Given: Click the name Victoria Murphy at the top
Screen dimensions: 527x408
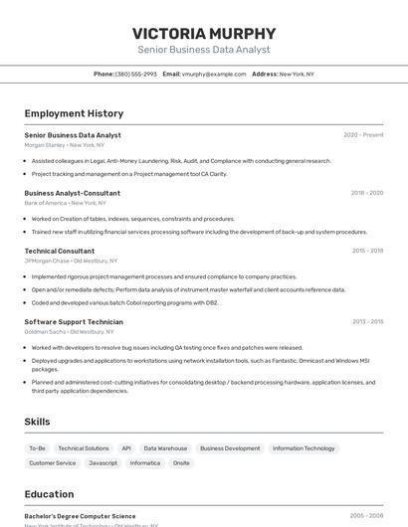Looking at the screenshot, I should pos(203,32).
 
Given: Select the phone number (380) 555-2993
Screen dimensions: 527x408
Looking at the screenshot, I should pos(135,74).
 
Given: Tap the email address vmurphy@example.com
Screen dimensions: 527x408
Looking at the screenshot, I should pos(214,74).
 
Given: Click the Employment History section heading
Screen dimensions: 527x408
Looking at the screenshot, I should pos(74,113).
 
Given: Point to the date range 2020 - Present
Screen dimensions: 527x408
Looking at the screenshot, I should pos(363,135).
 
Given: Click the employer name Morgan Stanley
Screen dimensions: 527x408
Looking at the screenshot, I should pos(45,145).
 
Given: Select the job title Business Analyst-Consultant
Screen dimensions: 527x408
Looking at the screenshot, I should pos(72,193).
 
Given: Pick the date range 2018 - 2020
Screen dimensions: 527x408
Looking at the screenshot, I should pos(366,193).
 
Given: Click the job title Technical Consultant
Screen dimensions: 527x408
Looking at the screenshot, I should pos(60,251).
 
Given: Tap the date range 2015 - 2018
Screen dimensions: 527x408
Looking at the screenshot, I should pos(366,251).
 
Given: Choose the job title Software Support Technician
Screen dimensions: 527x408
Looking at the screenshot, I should pos(74,321).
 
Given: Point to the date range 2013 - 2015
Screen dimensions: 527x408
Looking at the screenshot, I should pos(366,321).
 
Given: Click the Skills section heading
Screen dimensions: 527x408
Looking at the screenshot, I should pos(38,422).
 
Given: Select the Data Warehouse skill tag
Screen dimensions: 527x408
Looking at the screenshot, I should pos(165,448).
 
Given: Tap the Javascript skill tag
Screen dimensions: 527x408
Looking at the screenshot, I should pos(102,462).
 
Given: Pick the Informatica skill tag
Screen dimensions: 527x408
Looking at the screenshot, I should pos(144,462).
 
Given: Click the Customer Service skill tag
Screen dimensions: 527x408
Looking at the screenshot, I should pos(52,462).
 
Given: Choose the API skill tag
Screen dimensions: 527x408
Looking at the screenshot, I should pos(126,448).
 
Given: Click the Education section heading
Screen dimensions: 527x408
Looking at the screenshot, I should pos(49,494).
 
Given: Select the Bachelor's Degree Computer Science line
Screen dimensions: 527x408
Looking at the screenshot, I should pos(80,516).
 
